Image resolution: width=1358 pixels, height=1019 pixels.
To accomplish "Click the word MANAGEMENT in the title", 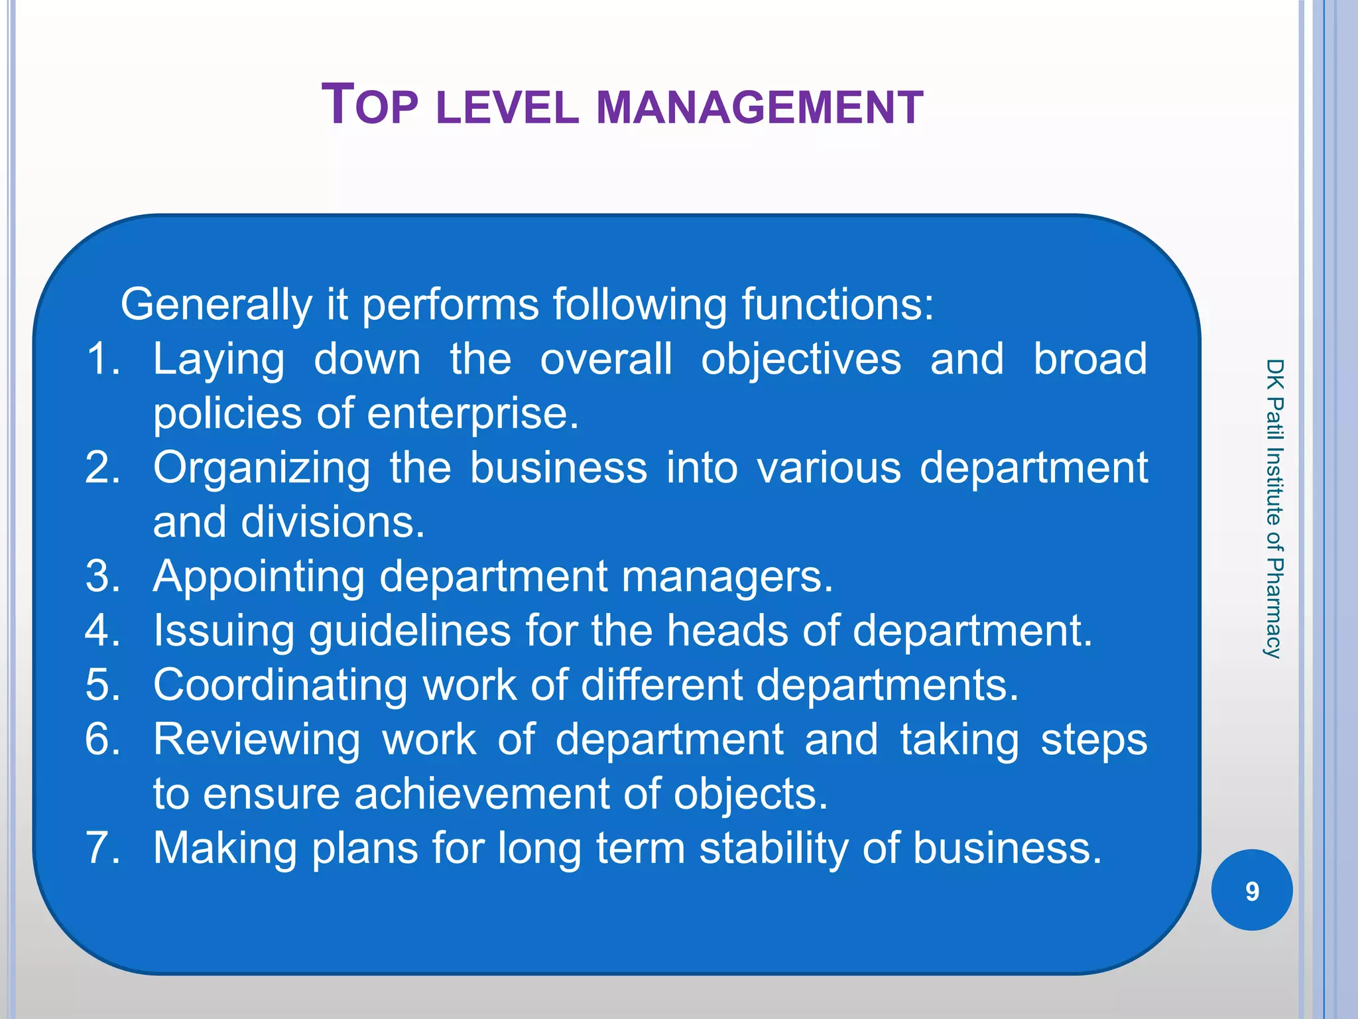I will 760,107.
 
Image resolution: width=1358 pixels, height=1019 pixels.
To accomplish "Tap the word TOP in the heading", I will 370,105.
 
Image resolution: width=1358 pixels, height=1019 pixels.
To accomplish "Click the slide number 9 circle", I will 1251,890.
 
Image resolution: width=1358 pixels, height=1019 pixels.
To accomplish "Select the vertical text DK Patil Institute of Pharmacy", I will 1274,508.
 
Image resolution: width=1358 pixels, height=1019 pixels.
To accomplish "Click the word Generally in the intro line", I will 216,305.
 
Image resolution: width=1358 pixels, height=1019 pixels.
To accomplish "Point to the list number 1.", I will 103,360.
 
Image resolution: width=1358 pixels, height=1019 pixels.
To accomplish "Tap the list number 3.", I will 103,576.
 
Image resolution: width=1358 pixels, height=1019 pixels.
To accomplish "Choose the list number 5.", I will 103,685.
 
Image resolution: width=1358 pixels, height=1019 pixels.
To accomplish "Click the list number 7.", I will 103,848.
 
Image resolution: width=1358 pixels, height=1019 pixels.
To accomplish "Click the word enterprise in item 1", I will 473,415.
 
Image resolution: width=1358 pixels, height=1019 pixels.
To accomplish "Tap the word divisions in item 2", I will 332,522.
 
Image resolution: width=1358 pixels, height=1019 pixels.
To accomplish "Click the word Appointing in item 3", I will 259,577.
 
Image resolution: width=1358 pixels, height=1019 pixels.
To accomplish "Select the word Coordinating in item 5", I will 280,685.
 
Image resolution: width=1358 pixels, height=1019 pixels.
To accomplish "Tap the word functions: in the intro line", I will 837,305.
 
